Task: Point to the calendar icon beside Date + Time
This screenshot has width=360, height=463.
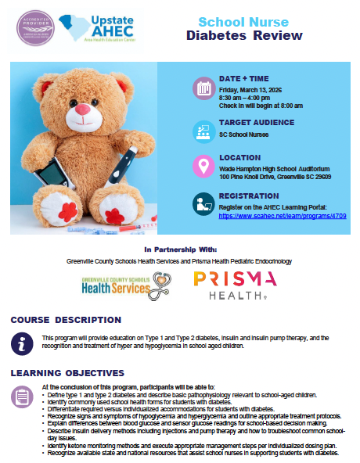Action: pyautogui.click(x=204, y=87)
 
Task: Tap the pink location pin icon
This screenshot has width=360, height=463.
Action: pyautogui.click(x=204, y=166)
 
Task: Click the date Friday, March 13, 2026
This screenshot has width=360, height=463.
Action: pyautogui.click(x=254, y=89)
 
